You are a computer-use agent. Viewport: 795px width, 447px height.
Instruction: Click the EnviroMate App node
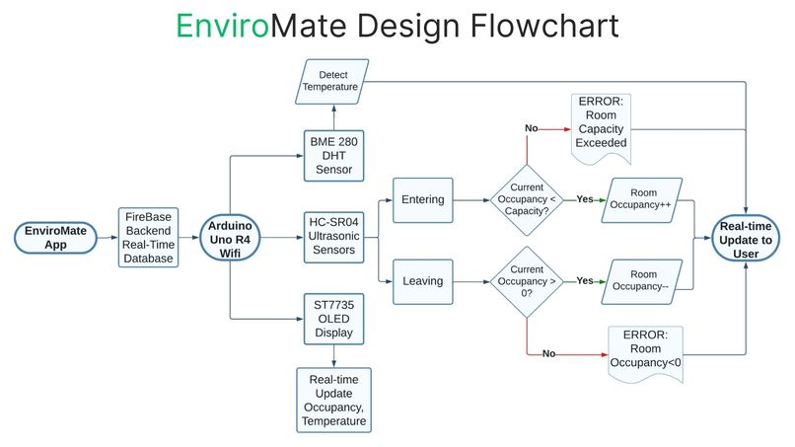click(x=54, y=237)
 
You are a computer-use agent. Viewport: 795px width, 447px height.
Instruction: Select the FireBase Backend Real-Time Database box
click(x=148, y=237)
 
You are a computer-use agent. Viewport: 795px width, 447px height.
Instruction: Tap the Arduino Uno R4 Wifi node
click(x=230, y=237)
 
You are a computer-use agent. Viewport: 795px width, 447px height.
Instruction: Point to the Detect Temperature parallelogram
click(x=332, y=82)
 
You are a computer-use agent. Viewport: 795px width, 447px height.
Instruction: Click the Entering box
click(x=422, y=199)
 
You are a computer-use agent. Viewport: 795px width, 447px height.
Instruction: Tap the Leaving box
click(x=422, y=280)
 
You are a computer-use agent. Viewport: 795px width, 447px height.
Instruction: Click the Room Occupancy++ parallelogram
click(x=643, y=199)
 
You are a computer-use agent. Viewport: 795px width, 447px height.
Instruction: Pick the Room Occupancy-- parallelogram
click(x=643, y=280)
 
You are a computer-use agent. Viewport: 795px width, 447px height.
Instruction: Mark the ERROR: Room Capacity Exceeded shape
click(x=601, y=126)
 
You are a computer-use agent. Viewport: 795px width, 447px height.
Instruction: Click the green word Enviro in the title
click(x=222, y=25)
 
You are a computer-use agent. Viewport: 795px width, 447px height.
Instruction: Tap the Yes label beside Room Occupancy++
click(x=584, y=199)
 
